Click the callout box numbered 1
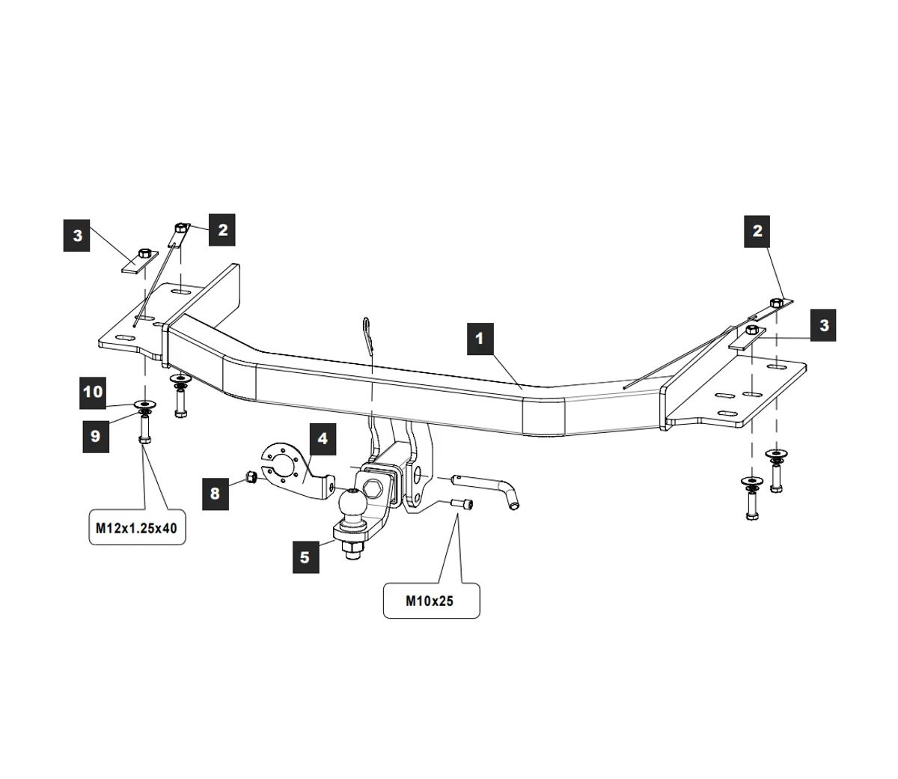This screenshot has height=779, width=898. tap(480, 339)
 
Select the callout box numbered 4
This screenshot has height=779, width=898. tap(323, 439)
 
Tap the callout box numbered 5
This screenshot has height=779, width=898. tap(305, 557)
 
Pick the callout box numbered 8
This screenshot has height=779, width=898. tap(216, 494)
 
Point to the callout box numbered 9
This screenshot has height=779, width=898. tap(96, 436)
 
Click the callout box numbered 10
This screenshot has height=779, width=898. tap(94, 392)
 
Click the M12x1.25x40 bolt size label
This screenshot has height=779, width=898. tap(137, 528)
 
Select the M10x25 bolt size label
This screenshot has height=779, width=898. tap(430, 600)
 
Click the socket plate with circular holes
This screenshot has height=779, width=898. tap(281, 464)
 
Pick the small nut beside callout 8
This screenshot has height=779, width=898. tap(252, 477)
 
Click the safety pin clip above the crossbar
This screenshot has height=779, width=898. tap(367, 336)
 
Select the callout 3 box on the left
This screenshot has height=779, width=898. tap(77, 236)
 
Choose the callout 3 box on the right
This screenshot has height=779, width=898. tap(824, 325)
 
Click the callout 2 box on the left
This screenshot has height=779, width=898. tap(223, 229)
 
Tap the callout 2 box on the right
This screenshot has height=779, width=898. tap(757, 231)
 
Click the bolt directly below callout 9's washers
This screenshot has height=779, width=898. tap(144, 431)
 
